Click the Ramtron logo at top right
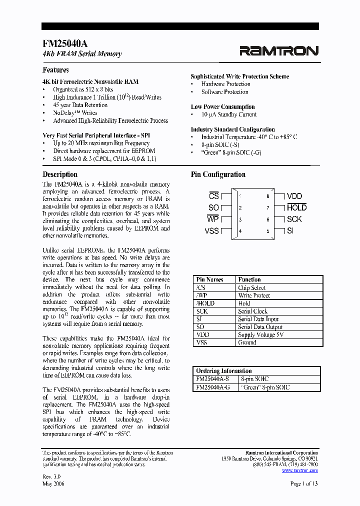278,50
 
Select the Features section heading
55,70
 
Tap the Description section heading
60,174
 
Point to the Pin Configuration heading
218,174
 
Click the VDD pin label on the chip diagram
294,196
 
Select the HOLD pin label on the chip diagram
296,207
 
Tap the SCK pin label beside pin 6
294,219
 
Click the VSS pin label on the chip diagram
212,230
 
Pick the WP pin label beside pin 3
213,219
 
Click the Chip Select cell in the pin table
252,288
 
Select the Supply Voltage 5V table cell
260,334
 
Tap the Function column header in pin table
249,279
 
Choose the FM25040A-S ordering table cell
213,379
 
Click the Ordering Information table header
224,371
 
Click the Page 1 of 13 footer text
304,483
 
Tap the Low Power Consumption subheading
222,107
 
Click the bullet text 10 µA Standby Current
229,114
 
